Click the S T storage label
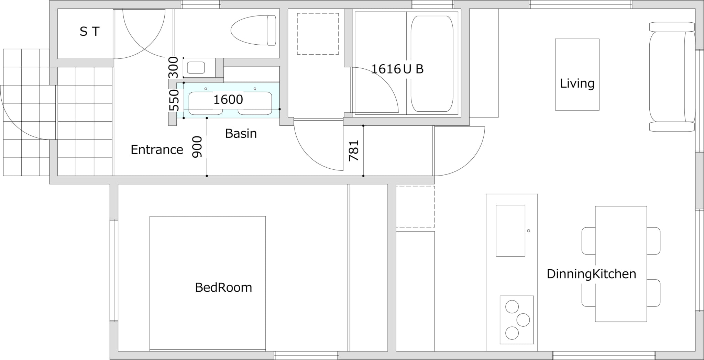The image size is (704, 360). point(90,32)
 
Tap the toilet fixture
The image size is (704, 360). point(253,30)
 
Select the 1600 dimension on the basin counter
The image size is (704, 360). point(228,100)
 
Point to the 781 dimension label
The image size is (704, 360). point(354,150)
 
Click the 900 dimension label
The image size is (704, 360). point(197,147)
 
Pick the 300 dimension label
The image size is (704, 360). point(174,68)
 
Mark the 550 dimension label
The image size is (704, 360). point(174,100)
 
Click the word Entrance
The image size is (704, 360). point(157,150)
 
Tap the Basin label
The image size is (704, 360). point(241,134)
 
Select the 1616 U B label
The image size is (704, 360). point(397,69)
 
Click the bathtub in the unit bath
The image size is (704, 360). point(432,64)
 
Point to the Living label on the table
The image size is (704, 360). point(577,83)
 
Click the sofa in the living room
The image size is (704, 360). point(672,77)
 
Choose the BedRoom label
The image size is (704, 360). point(223,288)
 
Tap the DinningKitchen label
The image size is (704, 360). point(591,274)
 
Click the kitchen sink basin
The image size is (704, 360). point(510,231)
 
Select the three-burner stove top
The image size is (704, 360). point(517,320)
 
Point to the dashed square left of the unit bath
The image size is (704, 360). point(318,34)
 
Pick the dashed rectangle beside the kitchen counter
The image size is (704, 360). point(415,207)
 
